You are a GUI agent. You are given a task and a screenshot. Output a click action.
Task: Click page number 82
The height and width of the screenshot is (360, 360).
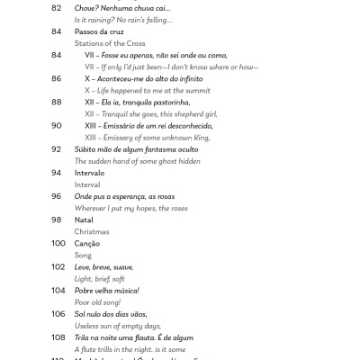coord(57,7)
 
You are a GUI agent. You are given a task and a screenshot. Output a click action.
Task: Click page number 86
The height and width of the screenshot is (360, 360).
coord(57,78)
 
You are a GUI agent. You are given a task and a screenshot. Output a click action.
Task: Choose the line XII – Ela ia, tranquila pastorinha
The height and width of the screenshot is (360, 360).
coord(143,102)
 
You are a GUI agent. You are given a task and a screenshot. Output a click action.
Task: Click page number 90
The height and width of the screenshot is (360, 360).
coord(57,125)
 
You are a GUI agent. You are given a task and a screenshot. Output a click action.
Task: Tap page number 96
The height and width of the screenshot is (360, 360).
coord(57,196)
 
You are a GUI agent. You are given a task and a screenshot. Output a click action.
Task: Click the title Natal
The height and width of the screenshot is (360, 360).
coord(85,220)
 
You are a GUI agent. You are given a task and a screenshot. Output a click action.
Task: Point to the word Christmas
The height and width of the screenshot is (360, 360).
coord(92,231)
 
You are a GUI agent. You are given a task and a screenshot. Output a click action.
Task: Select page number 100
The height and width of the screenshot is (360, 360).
coord(58,243)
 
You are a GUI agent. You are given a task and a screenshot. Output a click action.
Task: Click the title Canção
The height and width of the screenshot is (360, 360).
coord(87,243)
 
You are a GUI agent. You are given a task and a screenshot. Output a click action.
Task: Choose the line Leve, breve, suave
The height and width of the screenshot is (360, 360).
coord(103,266)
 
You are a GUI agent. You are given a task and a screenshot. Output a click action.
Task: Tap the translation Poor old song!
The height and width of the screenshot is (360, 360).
coord(99,301)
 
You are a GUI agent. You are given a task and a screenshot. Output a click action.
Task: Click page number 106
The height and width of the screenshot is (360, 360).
coord(58,314)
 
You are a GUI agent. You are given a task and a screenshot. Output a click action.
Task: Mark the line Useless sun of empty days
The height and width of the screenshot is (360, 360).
coord(118,325)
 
